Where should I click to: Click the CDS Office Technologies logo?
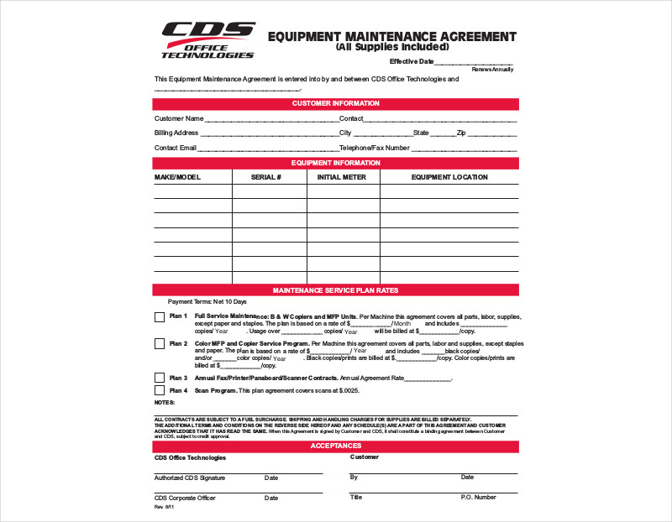pyautogui.click(x=207, y=39)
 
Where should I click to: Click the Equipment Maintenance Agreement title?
pyautogui.click(x=391, y=37)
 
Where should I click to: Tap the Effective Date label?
pyautogui.click(x=412, y=61)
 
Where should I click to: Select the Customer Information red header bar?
pyautogui.click(x=335, y=103)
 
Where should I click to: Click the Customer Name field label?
pyautogui.click(x=179, y=118)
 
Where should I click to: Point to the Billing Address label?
pyautogui.click(x=176, y=133)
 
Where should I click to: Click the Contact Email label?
pyautogui.click(x=175, y=147)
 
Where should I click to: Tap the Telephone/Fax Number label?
pyautogui.click(x=374, y=147)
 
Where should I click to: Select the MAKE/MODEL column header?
pyautogui.click(x=177, y=177)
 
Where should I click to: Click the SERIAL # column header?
pyautogui.click(x=266, y=177)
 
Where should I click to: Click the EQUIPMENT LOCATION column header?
pyautogui.click(x=449, y=177)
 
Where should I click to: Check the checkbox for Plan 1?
pyautogui.click(x=160, y=317)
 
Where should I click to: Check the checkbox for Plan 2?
pyautogui.click(x=160, y=344)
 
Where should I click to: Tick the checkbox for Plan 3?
pyautogui.click(x=160, y=378)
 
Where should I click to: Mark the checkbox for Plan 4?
pyautogui.click(x=160, y=390)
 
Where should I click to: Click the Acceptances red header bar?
pyautogui.click(x=335, y=446)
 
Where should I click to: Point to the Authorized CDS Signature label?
pyautogui.click(x=190, y=478)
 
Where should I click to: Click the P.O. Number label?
pyautogui.click(x=478, y=497)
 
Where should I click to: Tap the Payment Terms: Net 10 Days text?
pyautogui.click(x=207, y=301)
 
